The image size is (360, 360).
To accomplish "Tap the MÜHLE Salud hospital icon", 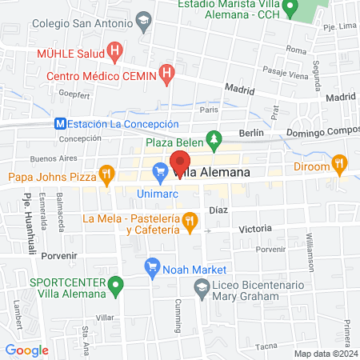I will [115, 54].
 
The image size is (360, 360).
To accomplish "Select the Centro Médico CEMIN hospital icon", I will [166, 75].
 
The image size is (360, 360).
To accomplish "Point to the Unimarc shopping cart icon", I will [160, 170].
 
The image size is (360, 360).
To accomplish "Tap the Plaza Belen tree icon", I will [214, 141].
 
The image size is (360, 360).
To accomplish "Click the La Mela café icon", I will [190, 222].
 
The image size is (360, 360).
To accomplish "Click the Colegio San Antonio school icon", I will [143, 20].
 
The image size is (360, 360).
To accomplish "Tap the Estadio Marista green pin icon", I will [291, 10].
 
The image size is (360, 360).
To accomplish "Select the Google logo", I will [27, 350].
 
